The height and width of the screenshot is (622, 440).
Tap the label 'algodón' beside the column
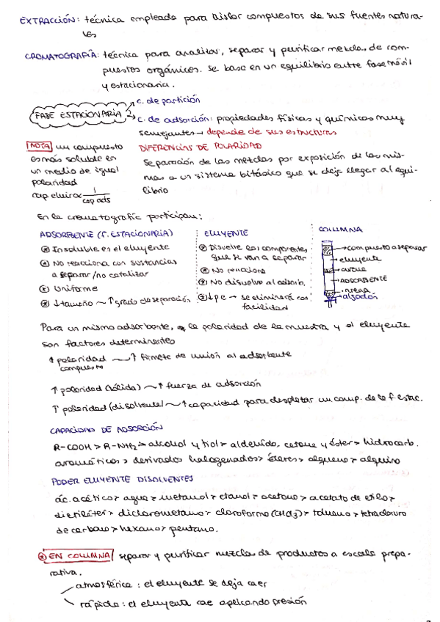(x=360, y=298)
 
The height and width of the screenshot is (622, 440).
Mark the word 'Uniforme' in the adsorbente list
(x=74, y=288)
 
